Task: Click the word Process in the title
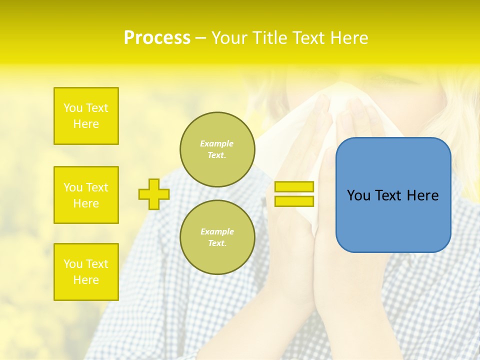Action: [157, 38]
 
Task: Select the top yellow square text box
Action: [86, 116]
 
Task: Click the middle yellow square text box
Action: [86, 195]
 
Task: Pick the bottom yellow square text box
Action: [86, 272]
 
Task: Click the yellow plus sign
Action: [154, 194]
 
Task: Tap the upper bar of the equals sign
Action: [294, 186]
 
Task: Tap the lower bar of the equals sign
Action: [294, 201]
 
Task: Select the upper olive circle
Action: [217, 149]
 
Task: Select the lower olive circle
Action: [217, 237]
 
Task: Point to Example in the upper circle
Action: [216, 143]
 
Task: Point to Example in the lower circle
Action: [217, 231]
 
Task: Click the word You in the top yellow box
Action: [73, 108]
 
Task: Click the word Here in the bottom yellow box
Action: [86, 280]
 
